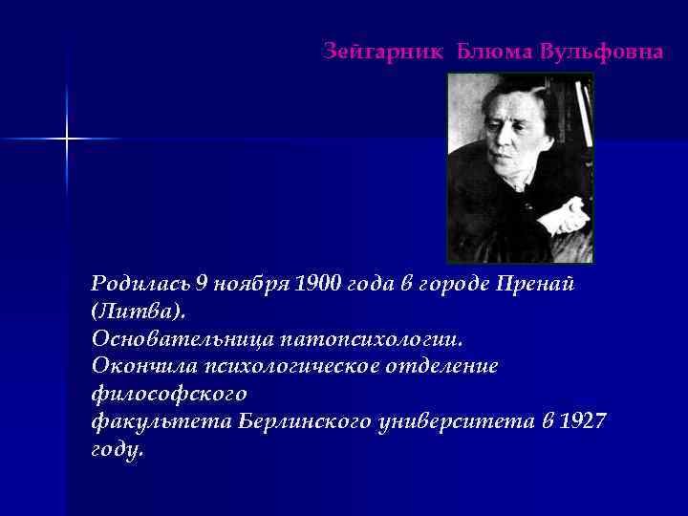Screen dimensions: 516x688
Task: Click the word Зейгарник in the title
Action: point(382,51)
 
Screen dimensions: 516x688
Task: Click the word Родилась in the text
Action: point(140,284)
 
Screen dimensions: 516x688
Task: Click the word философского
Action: point(169,394)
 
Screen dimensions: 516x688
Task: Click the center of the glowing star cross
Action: point(68,140)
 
